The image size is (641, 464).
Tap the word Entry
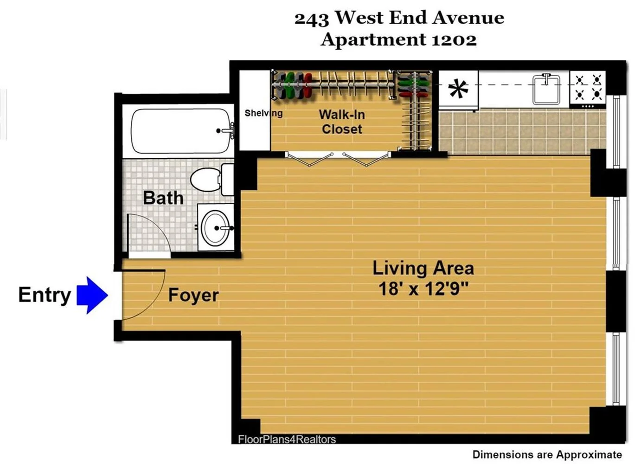point(45,295)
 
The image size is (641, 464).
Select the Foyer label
point(193,295)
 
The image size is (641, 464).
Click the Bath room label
point(163,198)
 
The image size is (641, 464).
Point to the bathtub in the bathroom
point(181,131)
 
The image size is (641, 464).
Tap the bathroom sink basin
point(215,228)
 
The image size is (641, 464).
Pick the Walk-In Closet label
point(342,122)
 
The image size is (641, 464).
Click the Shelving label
point(263,113)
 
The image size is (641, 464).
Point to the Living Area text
point(423,268)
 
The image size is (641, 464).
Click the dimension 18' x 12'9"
point(423,289)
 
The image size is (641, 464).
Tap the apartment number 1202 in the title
point(454,40)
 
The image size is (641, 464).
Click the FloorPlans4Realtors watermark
point(287,439)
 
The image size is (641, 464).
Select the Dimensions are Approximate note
point(547,455)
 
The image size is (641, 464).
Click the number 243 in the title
point(311,19)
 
